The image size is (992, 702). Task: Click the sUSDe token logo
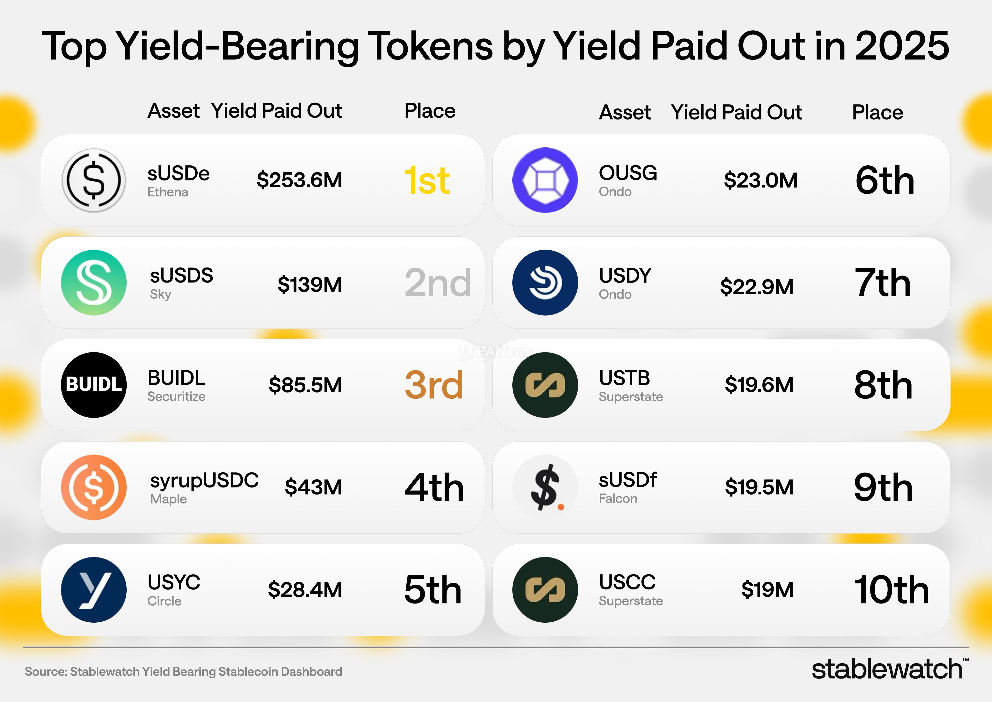[94, 180]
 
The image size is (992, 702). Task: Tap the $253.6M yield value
[299, 180]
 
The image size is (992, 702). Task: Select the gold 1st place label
[427, 181]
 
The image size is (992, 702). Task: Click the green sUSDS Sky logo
[94, 283]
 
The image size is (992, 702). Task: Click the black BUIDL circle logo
[94, 385]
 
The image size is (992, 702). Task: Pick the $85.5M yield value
[305, 385]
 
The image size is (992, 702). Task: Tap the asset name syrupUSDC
[204, 480]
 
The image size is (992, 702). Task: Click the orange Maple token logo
[94, 487]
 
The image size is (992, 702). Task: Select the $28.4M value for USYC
[305, 590]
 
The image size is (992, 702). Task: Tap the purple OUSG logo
[545, 180]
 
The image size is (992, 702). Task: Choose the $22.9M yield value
[757, 287]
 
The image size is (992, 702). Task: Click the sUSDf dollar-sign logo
[545, 487]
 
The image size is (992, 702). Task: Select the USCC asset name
[627, 582]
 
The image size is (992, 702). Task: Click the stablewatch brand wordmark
[887, 669]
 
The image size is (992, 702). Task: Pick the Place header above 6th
[877, 112]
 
